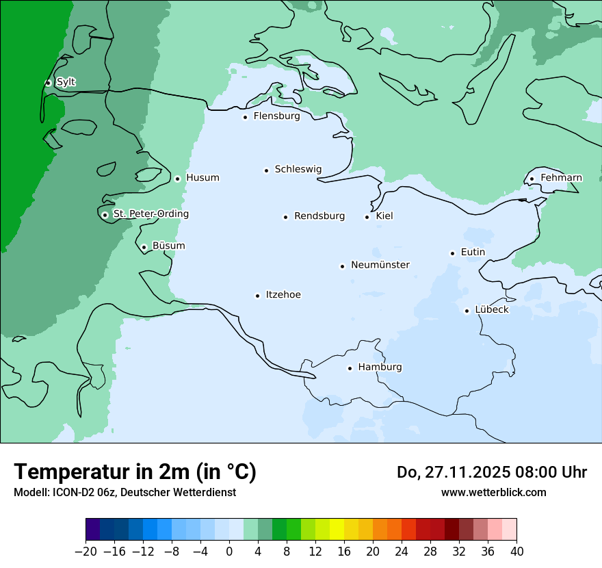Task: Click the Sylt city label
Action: (x=66, y=82)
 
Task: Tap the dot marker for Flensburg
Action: (x=245, y=117)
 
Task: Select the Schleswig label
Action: (x=298, y=169)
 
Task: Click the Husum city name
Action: (x=202, y=178)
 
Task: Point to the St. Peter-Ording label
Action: (x=150, y=214)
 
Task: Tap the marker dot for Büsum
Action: (x=144, y=247)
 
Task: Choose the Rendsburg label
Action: (x=319, y=216)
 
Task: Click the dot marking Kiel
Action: (x=367, y=217)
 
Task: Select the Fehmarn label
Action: (x=561, y=178)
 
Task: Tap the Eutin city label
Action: (x=473, y=253)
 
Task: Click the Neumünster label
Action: (x=380, y=265)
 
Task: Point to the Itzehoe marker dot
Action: (x=257, y=296)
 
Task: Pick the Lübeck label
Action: (x=492, y=310)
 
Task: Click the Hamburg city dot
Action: (x=350, y=368)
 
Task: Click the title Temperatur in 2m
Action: (x=135, y=472)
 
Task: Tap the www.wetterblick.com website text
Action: (x=493, y=492)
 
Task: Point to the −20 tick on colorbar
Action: (x=86, y=552)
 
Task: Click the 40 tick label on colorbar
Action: (x=516, y=552)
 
